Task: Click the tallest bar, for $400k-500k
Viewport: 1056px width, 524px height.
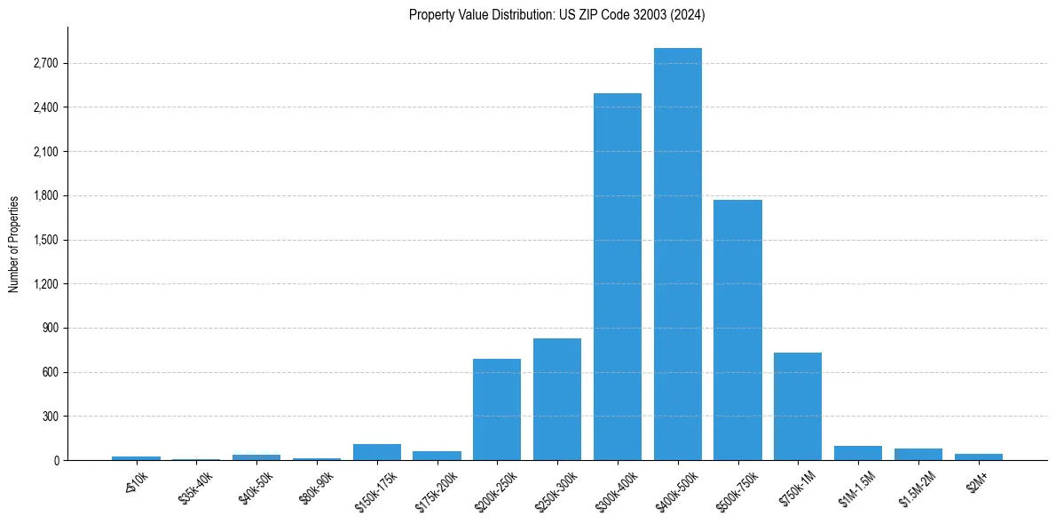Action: pyautogui.click(x=678, y=254)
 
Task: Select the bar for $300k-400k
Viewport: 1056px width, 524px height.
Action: pyautogui.click(x=618, y=276)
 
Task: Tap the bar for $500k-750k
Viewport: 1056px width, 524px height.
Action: pyautogui.click(x=737, y=329)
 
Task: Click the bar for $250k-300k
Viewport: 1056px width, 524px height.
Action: pyautogui.click(x=557, y=399)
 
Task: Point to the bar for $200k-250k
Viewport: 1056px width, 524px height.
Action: pyautogui.click(x=497, y=409)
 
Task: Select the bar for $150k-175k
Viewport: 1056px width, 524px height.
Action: pyautogui.click(x=377, y=452)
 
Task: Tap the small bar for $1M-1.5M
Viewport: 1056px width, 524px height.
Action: pyautogui.click(x=858, y=453)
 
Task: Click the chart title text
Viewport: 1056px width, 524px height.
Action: pyautogui.click(x=557, y=14)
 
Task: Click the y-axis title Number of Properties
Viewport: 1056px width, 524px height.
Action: pyautogui.click(x=14, y=243)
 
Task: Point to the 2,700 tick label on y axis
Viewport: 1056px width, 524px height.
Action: pyautogui.click(x=44, y=64)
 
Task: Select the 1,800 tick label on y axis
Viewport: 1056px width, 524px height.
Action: pyautogui.click(x=44, y=196)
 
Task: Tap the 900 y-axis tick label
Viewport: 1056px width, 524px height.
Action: pyautogui.click(x=50, y=329)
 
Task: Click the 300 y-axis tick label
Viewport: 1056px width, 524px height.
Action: pyautogui.click(x=50, y=417)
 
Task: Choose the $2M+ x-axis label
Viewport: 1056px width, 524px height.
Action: pyautogui.click(x=977, y=480)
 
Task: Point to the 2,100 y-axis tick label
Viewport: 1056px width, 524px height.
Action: pyautogui.click(x=44, y=152)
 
